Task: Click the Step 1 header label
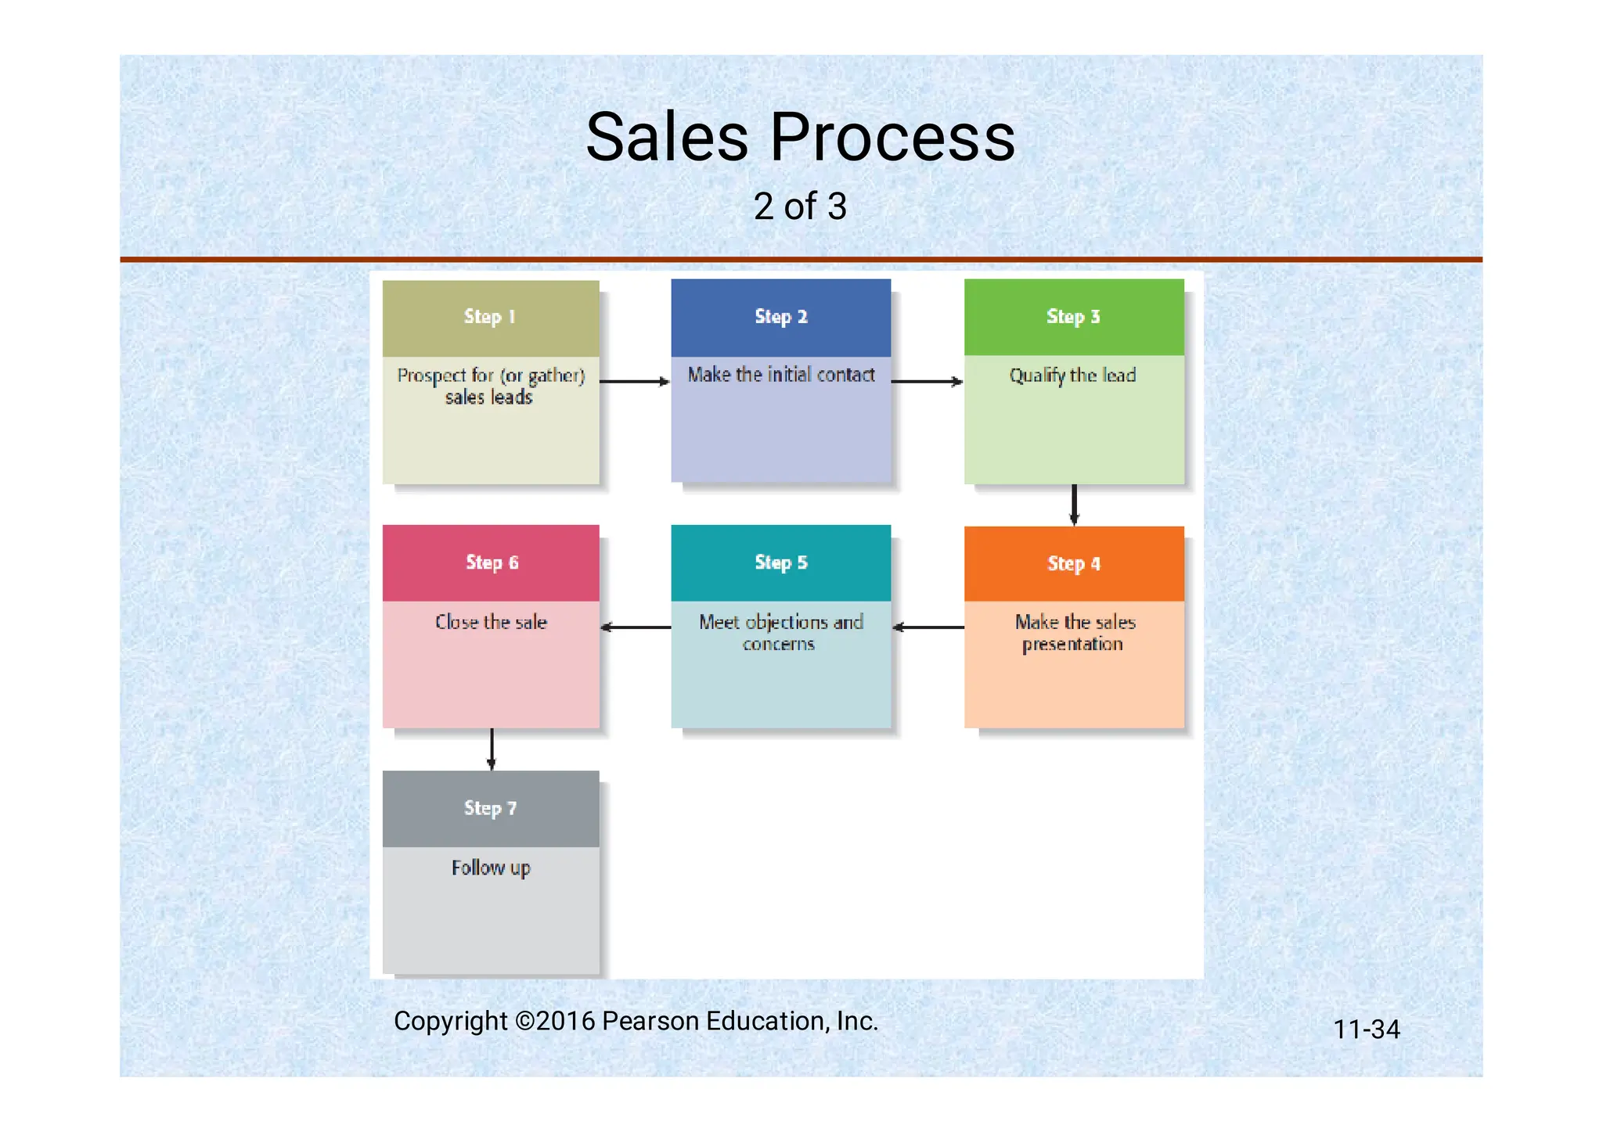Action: pos(489,317)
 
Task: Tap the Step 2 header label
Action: pos(780,317)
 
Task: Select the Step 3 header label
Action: pos(1073,317)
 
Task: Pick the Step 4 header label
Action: pos(1073,564)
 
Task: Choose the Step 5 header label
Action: pos(780,562)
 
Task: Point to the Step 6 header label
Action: pos(492,562)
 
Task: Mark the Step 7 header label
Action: pos(490,808)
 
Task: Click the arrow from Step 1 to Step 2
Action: pos(635,382)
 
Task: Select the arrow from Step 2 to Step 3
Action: pos(927,382)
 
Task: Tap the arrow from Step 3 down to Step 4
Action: pos(1074,505)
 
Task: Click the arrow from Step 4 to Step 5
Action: pos(928,627)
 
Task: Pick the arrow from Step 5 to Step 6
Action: pos(636,627)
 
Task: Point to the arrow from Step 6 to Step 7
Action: pos(492,749)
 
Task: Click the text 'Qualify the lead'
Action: pos(1072,376)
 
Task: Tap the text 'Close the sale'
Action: pos(491,622)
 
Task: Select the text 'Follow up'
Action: pos(491,868)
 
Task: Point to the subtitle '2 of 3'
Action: pos(800,207)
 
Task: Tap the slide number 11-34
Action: pos(1366,1030)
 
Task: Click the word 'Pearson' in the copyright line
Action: pos(650,1022)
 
